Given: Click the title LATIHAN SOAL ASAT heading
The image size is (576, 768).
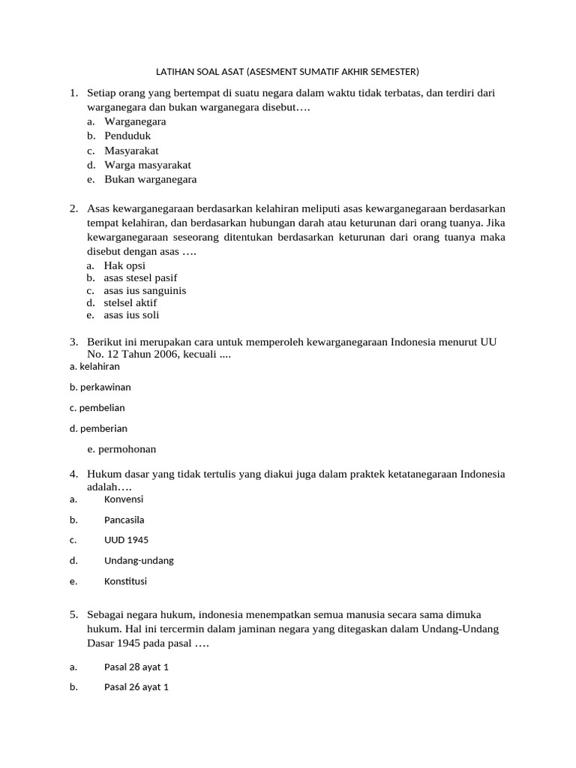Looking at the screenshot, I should click(286, 72).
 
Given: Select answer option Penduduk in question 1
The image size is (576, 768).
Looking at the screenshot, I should click(127, 136).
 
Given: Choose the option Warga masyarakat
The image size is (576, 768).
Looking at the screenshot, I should click(147, 165).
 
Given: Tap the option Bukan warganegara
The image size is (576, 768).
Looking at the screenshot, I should click(150, 179).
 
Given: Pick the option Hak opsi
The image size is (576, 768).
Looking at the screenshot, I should click(124, 265).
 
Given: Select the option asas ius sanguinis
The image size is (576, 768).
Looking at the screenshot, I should click(145, 290).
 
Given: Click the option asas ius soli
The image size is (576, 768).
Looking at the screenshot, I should click(131, 315).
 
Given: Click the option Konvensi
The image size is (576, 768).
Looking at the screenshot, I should click(124, 499).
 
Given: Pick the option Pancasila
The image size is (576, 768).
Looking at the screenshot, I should click(124, 520).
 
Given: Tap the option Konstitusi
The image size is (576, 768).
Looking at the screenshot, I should click(125, 580).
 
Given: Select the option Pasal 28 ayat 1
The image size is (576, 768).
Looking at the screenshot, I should click(136, 666).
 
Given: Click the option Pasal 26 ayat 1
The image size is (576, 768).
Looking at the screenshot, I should click(136, 686).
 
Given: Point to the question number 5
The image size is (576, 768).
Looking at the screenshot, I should click(74, 614).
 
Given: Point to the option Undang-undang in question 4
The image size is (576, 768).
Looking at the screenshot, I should click(139, 560).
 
